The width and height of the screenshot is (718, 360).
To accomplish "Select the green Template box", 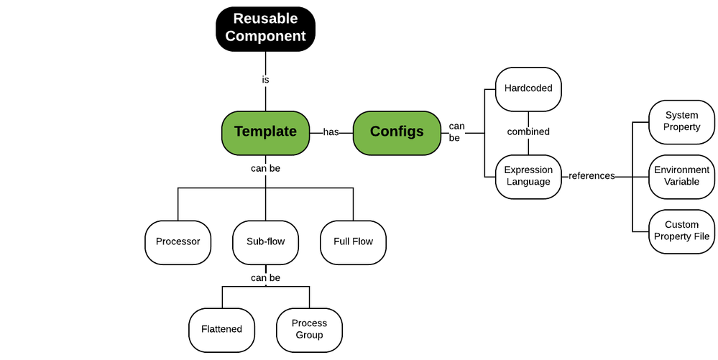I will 265,132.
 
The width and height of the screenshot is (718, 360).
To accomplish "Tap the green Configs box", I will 397,132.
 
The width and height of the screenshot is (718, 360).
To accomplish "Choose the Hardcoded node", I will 528,88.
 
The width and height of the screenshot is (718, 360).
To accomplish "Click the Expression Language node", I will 528,176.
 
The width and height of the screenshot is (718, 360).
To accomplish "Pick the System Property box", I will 682,121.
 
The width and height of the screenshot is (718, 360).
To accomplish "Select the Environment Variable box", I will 682,176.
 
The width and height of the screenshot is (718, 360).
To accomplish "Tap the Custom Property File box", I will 682,231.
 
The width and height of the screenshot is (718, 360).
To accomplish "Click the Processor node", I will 178,241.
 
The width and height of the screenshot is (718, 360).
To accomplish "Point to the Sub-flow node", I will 265,241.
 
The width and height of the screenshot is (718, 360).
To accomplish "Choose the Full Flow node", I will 353,241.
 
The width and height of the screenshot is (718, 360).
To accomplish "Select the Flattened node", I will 221,329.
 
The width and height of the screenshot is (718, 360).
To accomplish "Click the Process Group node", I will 309,329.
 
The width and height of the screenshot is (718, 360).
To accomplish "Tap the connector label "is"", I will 265,80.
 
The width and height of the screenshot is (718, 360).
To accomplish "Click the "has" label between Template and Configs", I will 331,132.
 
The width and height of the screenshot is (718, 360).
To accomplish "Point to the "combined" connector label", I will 528,132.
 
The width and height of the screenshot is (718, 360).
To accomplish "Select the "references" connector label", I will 592,176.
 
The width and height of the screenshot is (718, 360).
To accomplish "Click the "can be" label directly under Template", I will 265,169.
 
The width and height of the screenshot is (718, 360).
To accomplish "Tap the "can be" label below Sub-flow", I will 265,278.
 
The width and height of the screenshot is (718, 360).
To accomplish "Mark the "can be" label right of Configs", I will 456,132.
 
